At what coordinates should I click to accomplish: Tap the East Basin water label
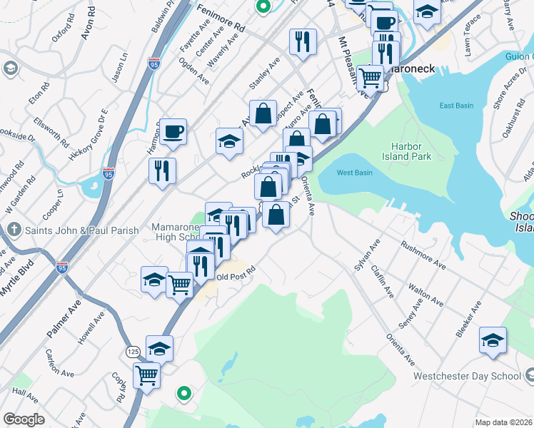pyautogui.click(x=456, y=106)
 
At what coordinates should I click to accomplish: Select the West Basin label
pyautogui.click(x=354, y=173)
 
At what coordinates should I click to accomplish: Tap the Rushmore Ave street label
pyautogui.click(x=423, y=255)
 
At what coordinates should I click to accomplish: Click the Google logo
pyautogui.click(x=24, y=419)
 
